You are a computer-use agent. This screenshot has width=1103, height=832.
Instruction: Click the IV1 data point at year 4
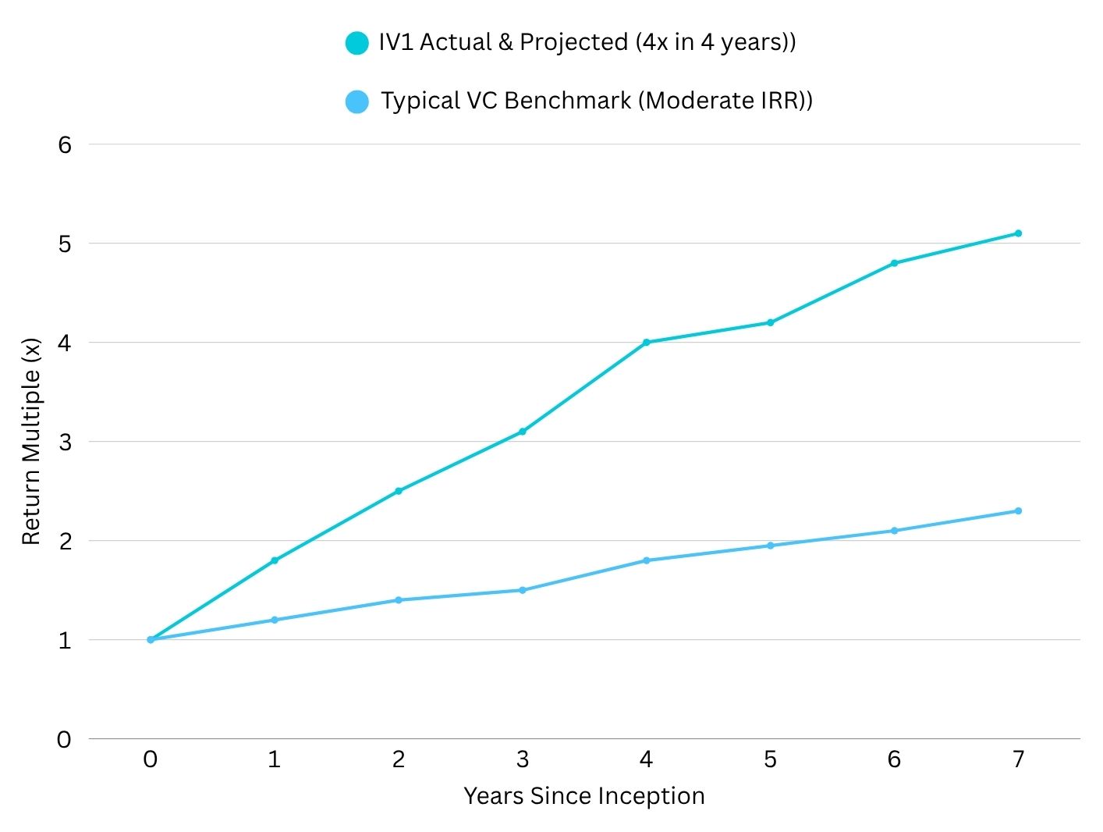pyautogui.click(x=646, y=342)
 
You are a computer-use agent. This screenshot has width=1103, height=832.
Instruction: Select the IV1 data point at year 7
pyautogui.click(x=1018, y=233)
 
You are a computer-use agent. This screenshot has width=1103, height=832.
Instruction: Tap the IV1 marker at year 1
pyautogui.click(x=275, y=560)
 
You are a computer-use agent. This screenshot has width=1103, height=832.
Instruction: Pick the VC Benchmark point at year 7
pyautogui.click(x=1018, y=511)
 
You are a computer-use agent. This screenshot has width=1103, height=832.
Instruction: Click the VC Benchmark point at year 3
pyautogui.click(x=523, y=590)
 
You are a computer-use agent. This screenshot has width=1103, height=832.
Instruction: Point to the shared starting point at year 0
pyautogui.click(x=151, y=639)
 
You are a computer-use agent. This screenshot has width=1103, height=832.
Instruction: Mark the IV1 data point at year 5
pyautogui.click(x=770, y=322)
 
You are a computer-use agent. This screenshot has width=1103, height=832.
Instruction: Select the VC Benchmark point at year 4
pyautogui.click(x=646, y=560)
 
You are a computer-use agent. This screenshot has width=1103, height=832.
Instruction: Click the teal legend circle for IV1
pyautogui.click(x=356, y=43)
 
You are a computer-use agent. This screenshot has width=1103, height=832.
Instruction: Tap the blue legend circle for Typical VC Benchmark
pyautogui.click(x=356, y=101)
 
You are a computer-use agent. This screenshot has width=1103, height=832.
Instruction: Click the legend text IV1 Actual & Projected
pyautogui.click(x=587, y=42)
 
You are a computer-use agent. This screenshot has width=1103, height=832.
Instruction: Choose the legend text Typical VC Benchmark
pyautogui.click(x=596, y=101)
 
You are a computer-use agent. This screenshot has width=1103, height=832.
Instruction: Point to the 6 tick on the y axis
pyautogui.click(x=64, y=144)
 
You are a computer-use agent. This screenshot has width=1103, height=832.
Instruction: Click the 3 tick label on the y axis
pyautogui.click(x=64, y=442)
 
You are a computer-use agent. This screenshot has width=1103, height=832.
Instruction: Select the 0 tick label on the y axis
pyautogui.click(x=64, y=739)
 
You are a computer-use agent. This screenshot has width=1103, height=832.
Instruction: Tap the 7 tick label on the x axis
pyautogui.click(x=1018, y=759)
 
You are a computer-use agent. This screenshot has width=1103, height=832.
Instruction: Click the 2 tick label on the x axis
pyautogui.click(x=399, y=759)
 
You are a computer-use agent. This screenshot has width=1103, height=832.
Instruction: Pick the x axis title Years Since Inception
pyautogui.click(x=583, y=796)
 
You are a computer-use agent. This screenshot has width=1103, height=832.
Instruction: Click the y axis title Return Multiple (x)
pyautogui.click(x=31, y=441)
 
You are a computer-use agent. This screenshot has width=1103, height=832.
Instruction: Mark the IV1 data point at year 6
pyautogui.click(x=894, y=263)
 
